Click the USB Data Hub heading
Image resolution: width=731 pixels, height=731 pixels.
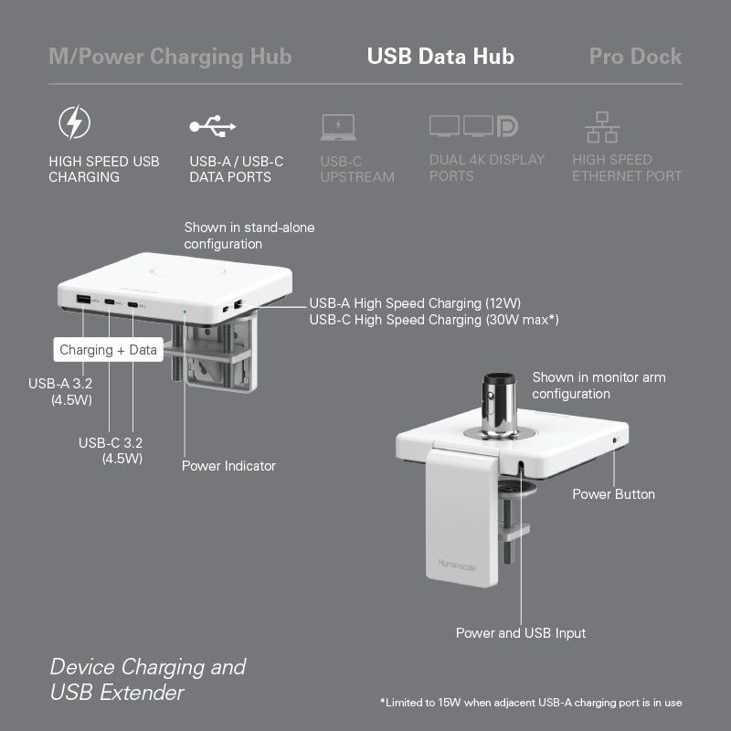(x=440, y=57)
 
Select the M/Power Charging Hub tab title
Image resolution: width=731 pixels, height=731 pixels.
(x=170, y=57)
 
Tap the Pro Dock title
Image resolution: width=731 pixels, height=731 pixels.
(x=635, y=57)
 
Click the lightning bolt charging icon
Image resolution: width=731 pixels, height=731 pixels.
(x=75, y=122)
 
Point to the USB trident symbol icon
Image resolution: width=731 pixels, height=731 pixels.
(x=213, y=126)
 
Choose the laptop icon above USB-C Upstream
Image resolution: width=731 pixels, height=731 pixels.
(x=338, y=127)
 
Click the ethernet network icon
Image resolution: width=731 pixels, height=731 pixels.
(x=602, y=127)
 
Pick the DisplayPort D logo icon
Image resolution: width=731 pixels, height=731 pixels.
(x=507, y=126)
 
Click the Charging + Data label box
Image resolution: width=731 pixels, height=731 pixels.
(x=108, y=350)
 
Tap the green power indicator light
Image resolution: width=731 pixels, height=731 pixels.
(x=185, y=312)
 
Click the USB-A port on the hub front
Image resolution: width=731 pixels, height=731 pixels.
(x=83, y=299)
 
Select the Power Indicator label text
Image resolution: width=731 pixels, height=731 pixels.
(x=228, y=466)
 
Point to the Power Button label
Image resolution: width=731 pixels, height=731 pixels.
(x=613, y=494)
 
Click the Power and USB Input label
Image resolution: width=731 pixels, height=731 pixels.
(x=521, y=633)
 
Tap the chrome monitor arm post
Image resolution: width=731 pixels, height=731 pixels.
(x=499, y=405)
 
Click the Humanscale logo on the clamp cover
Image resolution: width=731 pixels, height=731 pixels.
(x=457, y=565)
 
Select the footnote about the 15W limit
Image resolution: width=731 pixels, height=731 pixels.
(x=531, y=703)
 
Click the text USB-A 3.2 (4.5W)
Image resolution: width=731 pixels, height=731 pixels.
(x=60, y=392)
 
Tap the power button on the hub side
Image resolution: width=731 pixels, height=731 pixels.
(x=614, y=440)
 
